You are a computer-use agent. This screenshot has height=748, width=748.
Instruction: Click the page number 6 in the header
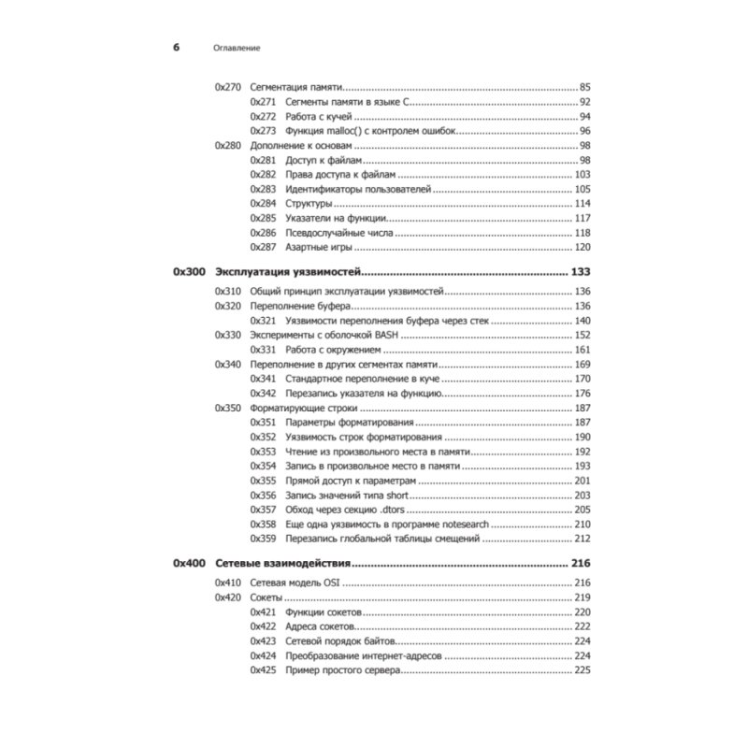click(x=177, y=47)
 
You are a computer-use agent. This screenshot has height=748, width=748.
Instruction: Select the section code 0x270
click(x=228, y=86)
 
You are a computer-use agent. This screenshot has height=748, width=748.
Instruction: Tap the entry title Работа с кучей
click(x=317, y=116)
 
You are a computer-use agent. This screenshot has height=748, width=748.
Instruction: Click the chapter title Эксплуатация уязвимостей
click(x=288, y=272)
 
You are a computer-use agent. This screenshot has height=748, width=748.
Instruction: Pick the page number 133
click(x=581, y=272)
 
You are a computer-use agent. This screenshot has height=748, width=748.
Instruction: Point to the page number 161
click(x=583, y=350)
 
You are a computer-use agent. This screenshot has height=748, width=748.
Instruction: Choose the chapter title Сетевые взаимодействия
click(x=282, y=564)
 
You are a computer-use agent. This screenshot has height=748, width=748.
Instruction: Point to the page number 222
click(x=583, y=626)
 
